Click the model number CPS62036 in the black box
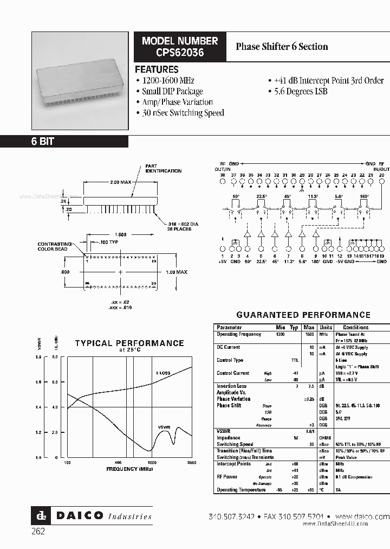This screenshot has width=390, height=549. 179,53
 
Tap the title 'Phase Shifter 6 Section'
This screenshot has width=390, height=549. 282,47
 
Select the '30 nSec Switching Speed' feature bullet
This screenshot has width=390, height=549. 183,113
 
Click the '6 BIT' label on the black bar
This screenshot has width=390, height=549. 42,142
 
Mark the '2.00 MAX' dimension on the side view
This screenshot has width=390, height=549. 120,182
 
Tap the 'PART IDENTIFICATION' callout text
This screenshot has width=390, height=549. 163,169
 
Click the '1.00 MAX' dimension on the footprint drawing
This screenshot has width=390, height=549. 176,272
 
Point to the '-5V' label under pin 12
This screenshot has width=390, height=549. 339,261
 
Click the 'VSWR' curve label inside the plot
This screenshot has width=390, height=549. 165,427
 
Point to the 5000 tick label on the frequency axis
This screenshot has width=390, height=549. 191,463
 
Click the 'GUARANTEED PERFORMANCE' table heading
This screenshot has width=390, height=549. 303,315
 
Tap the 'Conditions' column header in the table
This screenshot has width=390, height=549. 355,328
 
